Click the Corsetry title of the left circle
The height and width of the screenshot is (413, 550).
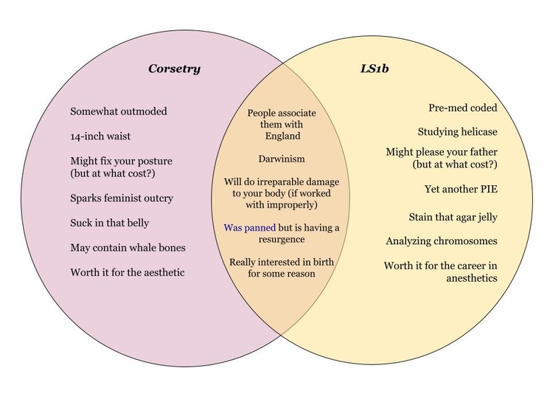coord(174,69)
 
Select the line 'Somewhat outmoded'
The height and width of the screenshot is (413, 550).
coord(119,111)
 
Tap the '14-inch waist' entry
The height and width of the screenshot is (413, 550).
coord(102,136)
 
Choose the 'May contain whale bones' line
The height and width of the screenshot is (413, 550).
coord(128,247)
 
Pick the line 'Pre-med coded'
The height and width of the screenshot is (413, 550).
coord(463,108)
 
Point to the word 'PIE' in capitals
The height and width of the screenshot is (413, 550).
coord(489,189)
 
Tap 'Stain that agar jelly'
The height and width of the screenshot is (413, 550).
coord(453,217)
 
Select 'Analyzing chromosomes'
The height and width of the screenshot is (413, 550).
coord(441,241)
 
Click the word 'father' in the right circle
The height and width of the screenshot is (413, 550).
coord(480,152)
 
